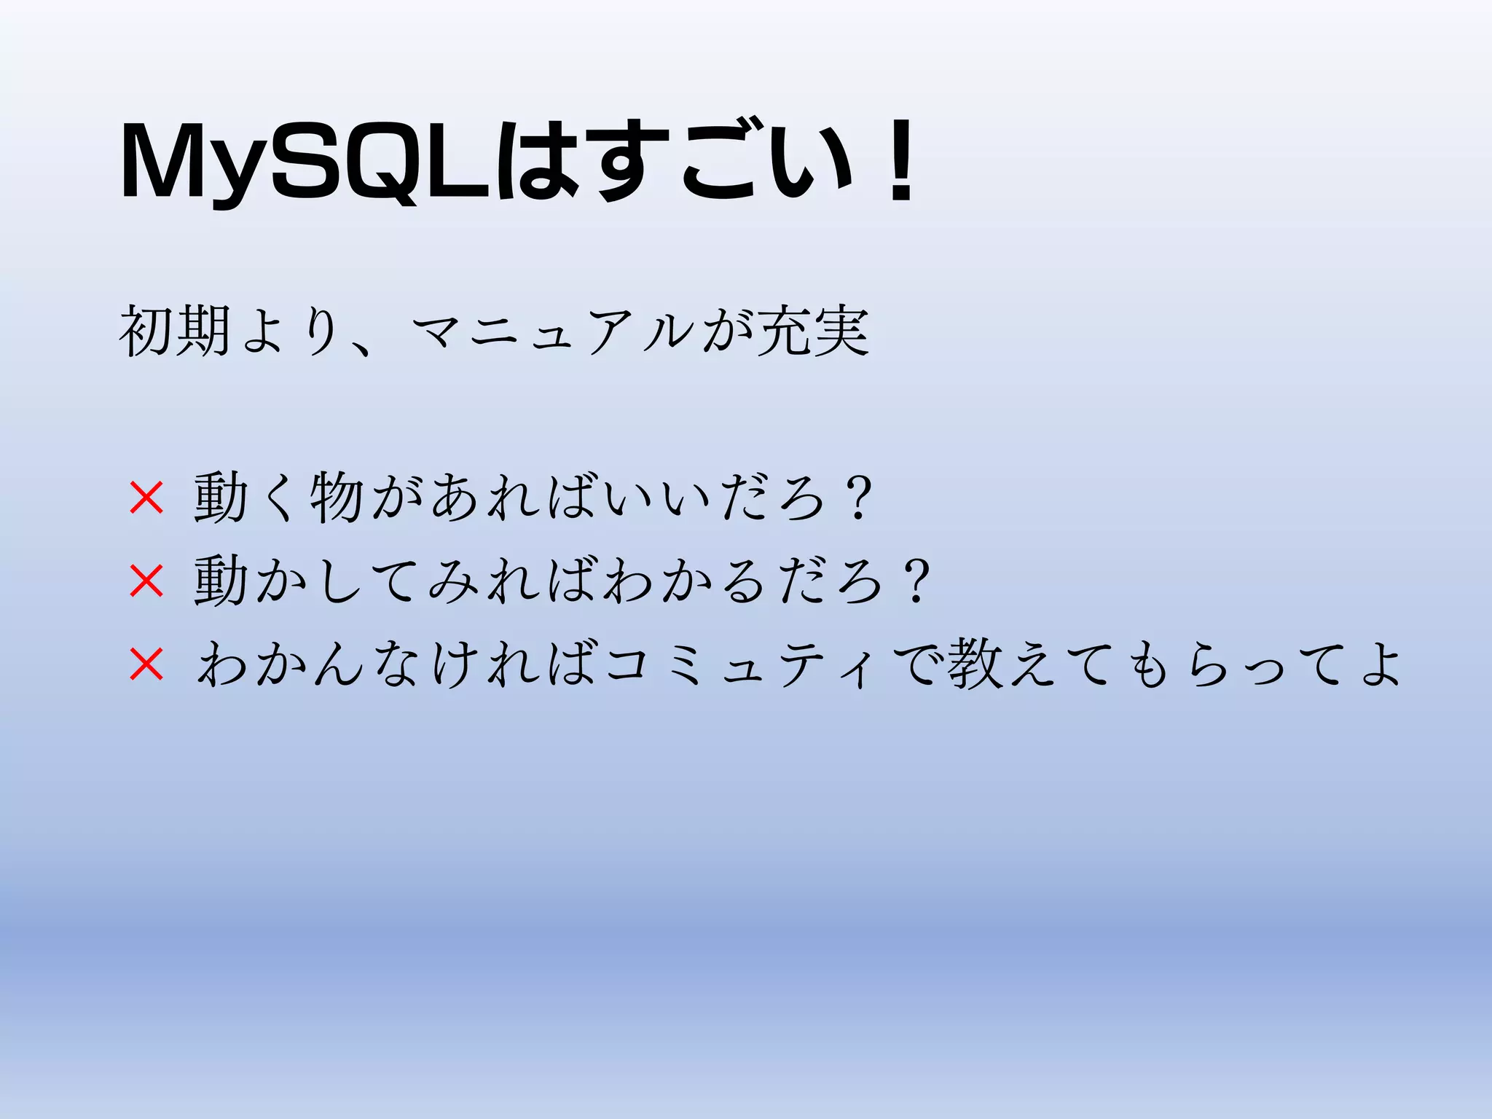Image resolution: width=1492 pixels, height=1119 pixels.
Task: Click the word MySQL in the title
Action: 306,162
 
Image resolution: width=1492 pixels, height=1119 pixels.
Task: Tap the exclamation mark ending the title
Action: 901,162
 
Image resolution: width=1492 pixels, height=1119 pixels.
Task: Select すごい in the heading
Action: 721,162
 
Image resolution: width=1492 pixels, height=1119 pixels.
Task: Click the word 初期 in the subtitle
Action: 175,331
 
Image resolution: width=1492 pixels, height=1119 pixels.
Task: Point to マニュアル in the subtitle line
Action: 554,331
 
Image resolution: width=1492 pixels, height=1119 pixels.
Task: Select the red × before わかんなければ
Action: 146,664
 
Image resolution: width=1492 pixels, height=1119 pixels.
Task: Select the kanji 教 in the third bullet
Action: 975,664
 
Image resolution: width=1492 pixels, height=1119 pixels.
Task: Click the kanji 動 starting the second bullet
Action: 220,581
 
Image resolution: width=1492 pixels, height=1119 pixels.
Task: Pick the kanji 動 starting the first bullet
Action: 220,498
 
